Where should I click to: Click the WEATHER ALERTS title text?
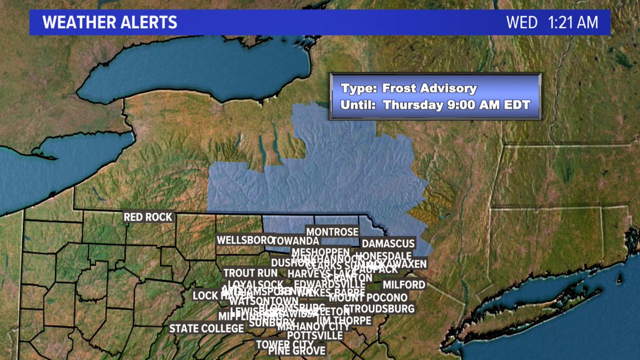[x=110, y=22]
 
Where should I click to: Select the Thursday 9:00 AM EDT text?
[x=457, y=105]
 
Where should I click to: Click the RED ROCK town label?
[x=148, y=217]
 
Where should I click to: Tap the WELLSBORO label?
[x=244, y=241]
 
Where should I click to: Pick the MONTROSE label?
[x=332, y=232]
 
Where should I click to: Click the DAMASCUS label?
[x=388, y=244]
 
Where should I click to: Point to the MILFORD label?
[x=404, y=285]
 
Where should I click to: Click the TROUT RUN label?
[x=251, y=273]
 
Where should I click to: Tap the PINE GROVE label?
[x=297, y=351]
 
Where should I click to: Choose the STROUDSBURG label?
[x=380, y=309]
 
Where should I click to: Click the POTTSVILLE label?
[x=315, y=335]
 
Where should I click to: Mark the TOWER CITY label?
[x=284, y=344]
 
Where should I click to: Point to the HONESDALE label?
[x=386, y=255]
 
